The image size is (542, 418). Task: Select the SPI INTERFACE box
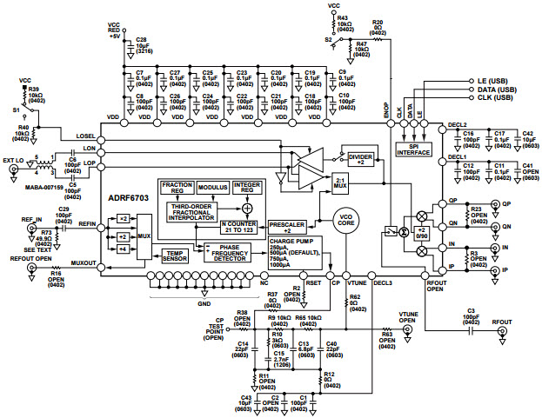[413, 149]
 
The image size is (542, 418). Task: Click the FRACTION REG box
[177, 187]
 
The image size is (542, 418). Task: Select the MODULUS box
[212, 187]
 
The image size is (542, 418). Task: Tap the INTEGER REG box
[250, 187]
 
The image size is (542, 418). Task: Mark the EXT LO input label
[14, 160]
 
